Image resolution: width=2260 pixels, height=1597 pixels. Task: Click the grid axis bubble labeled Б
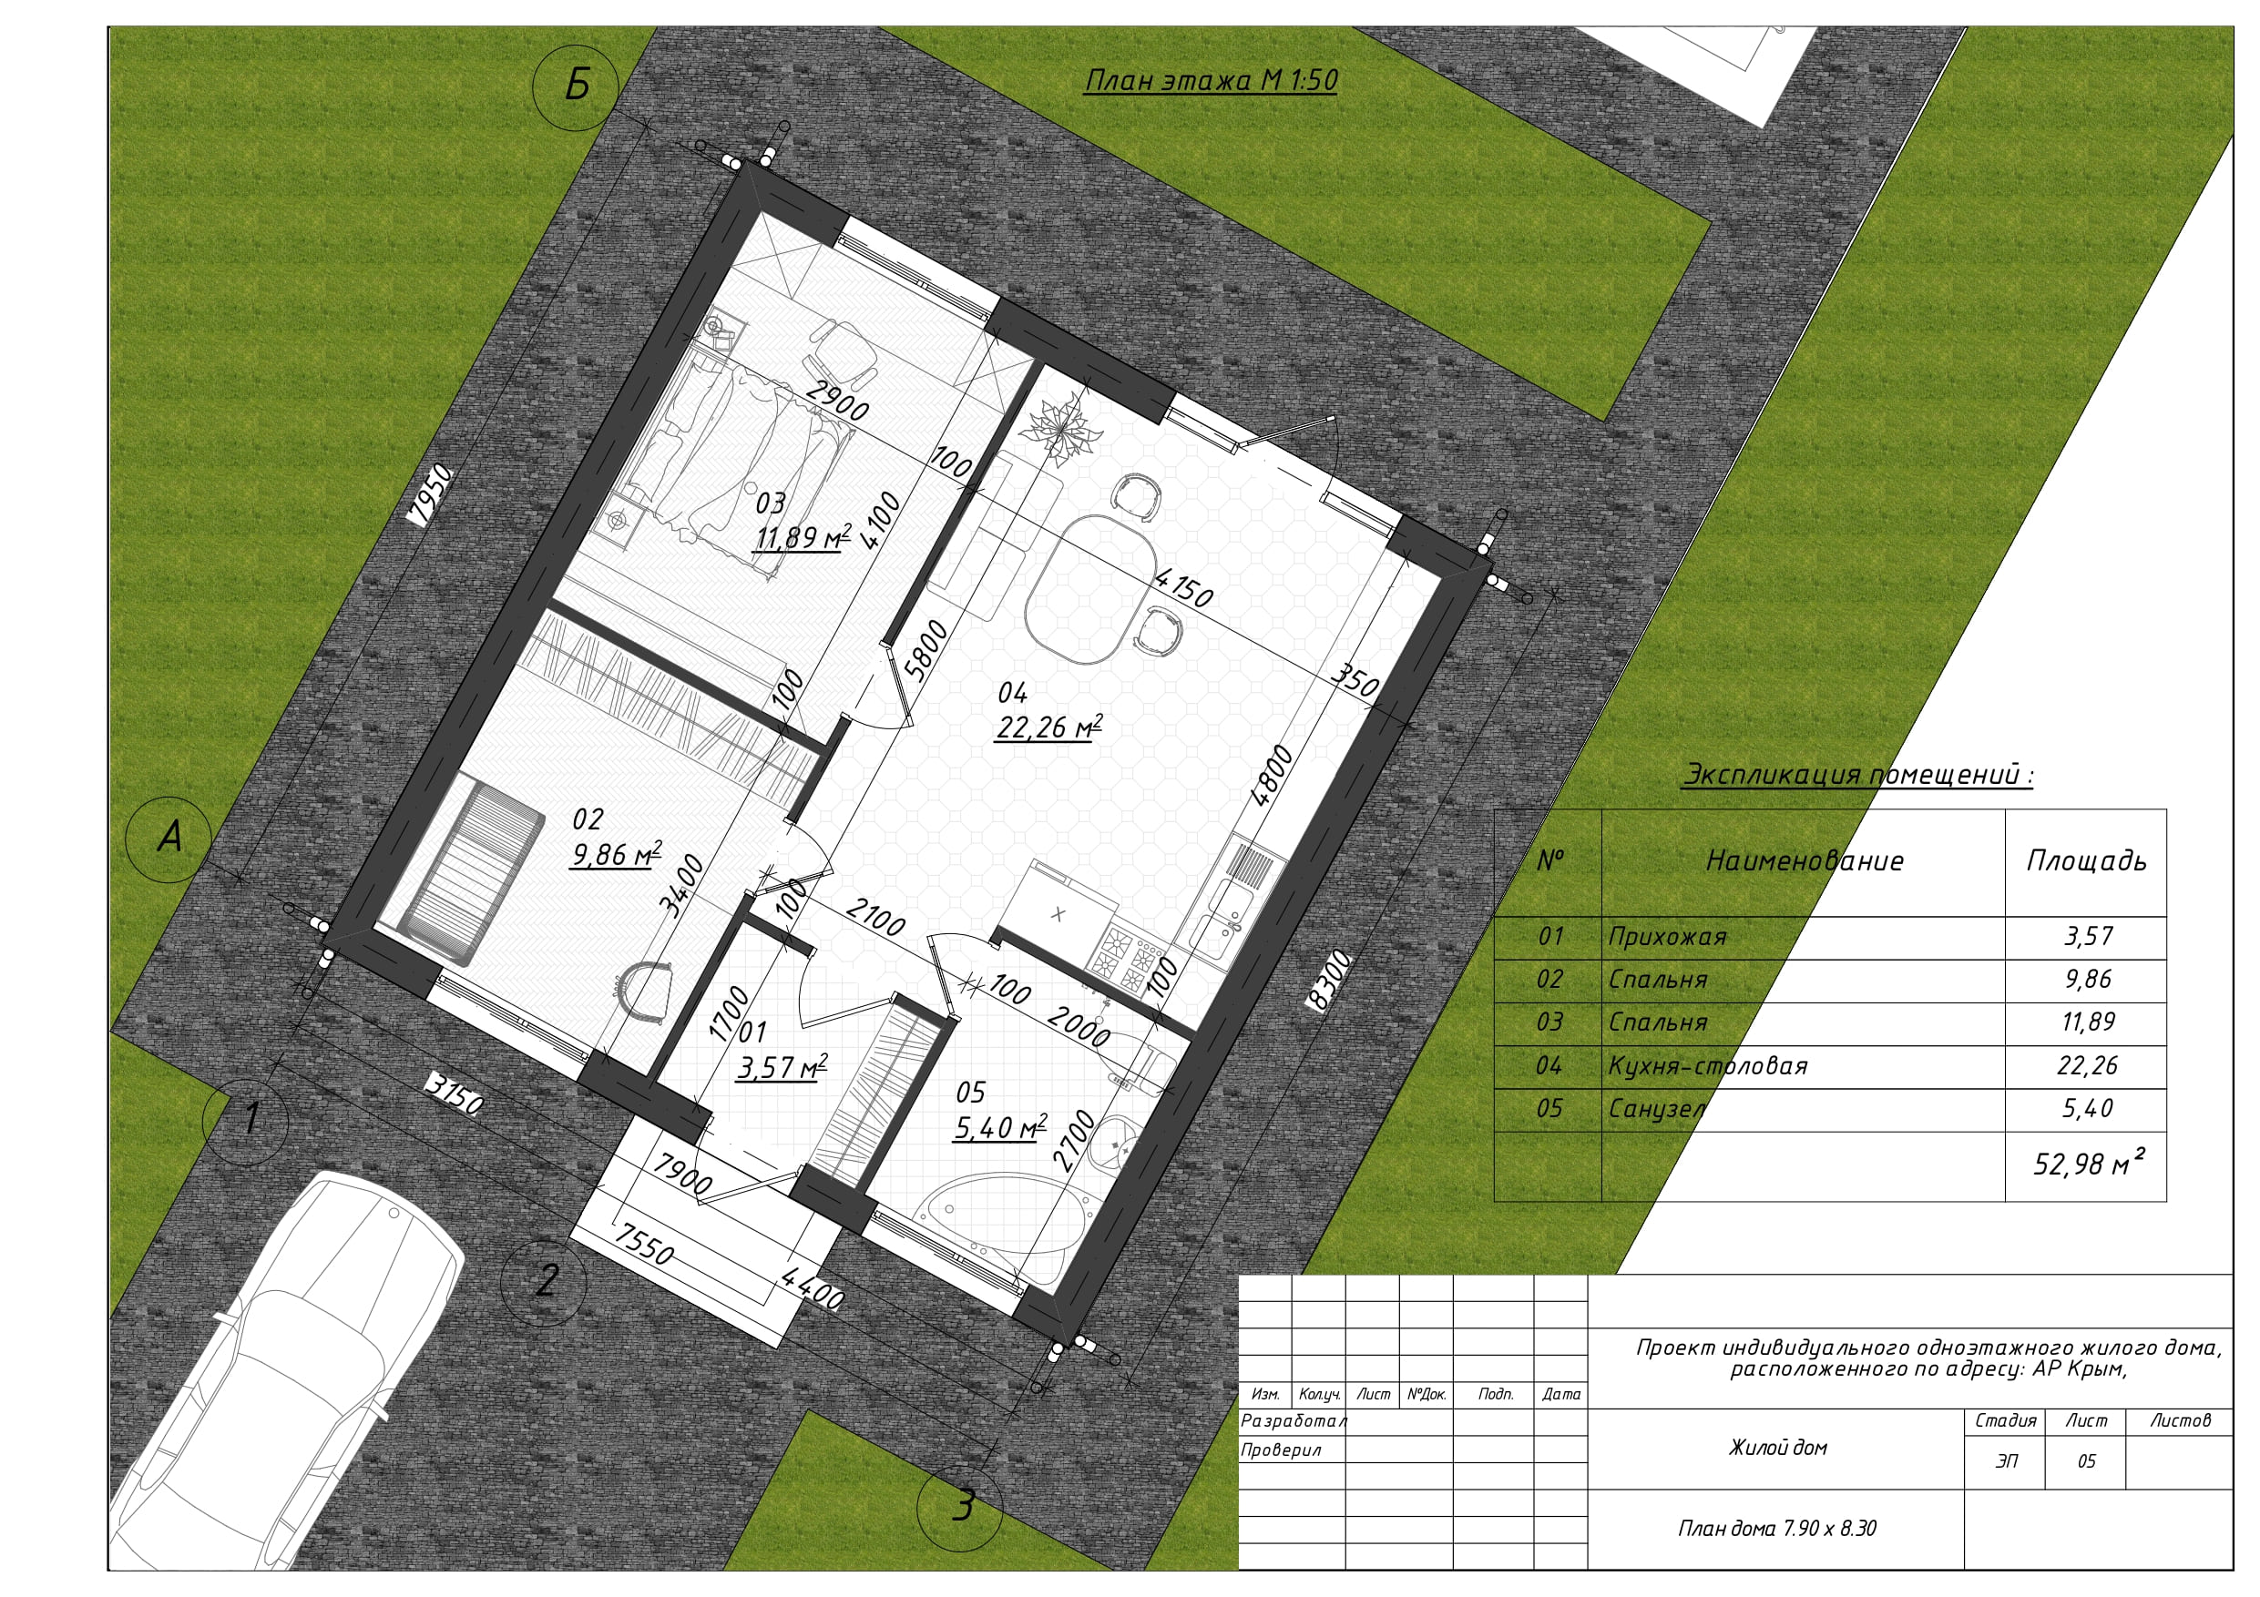(576, 86)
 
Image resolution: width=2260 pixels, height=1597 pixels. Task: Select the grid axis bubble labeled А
(169, 839)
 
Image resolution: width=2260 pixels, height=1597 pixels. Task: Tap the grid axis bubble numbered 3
(960, 1505)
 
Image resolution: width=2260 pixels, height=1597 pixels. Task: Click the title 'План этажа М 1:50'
(1211, 80)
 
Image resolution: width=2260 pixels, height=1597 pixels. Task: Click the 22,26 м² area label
(1048, 727)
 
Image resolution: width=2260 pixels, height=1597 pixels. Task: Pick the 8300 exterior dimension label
(1329, 979)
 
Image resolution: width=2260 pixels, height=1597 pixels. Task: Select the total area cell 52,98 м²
(2087, 1163)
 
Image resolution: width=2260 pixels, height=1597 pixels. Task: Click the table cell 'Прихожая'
(1667, 937)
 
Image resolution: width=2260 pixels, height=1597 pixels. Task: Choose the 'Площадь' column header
(2086, 861)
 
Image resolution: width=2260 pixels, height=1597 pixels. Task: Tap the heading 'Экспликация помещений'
(1857, 776)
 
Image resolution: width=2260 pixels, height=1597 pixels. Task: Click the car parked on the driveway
(285, 1378)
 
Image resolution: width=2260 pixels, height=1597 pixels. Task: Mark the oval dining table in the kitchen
(1089, 587)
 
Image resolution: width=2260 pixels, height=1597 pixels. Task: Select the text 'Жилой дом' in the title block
(1778, 1448)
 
